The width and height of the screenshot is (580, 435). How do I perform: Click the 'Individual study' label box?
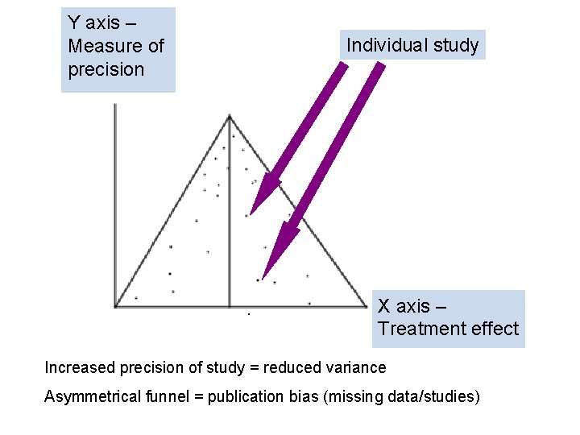(x=412, y=45)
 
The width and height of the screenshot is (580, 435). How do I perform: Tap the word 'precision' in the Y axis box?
(x=106, y=69)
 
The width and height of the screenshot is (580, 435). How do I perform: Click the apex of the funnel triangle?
(x=230, y=117)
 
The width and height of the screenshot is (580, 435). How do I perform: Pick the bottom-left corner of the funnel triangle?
(x=117, y=306)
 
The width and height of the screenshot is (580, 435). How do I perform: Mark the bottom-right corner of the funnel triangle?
(x=367, y=306)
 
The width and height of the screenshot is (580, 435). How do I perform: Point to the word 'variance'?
(x=355, y=368)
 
